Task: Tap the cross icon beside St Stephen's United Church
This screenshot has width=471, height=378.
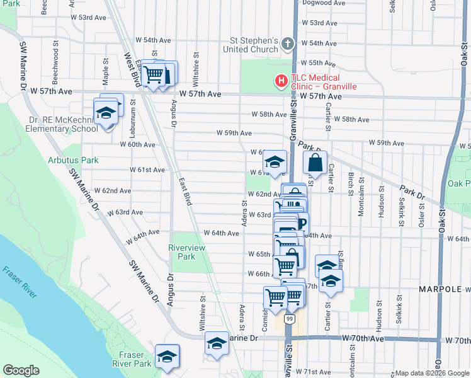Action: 288,44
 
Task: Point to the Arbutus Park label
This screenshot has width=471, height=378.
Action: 73,160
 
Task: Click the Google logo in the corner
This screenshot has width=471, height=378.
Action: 21,370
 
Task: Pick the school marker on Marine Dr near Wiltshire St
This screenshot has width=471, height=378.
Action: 217,343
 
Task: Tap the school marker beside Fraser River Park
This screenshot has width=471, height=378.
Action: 167,356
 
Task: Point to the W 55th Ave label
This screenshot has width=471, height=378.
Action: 320,63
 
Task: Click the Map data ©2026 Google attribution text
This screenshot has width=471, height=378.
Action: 431,373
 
